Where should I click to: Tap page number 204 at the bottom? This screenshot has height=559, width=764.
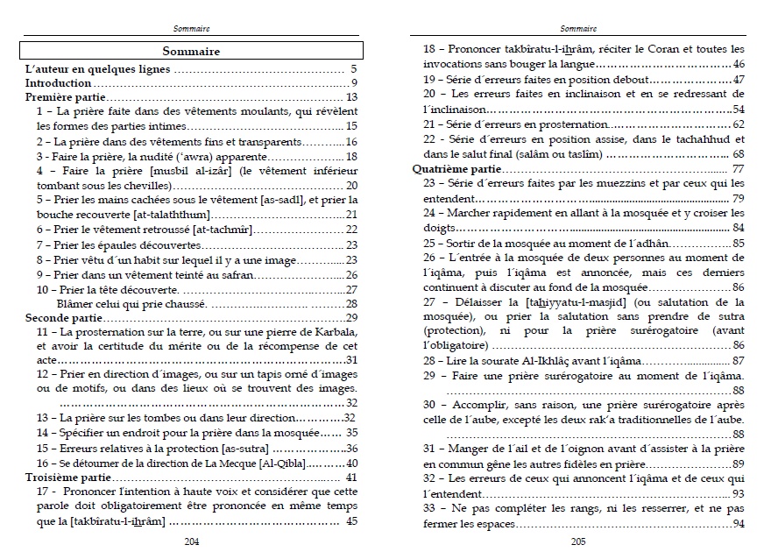pyautogui.click(x=192, y=541)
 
